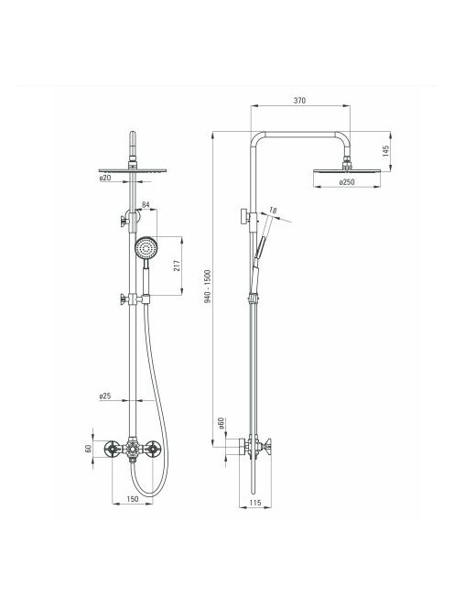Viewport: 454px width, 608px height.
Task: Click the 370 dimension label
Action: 299,101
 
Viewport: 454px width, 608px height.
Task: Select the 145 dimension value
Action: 385,151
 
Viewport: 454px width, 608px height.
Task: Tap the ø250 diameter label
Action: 347,182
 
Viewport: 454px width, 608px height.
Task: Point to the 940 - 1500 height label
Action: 208,287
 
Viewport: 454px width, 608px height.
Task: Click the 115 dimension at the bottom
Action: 255,503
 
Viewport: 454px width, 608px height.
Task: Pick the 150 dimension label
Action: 132,499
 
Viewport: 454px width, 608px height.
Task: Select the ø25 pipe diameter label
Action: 105,396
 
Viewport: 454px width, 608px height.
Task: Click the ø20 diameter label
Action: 105,178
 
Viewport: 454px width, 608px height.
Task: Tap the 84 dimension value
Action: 146,204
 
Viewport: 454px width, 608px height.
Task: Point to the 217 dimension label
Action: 178,266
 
